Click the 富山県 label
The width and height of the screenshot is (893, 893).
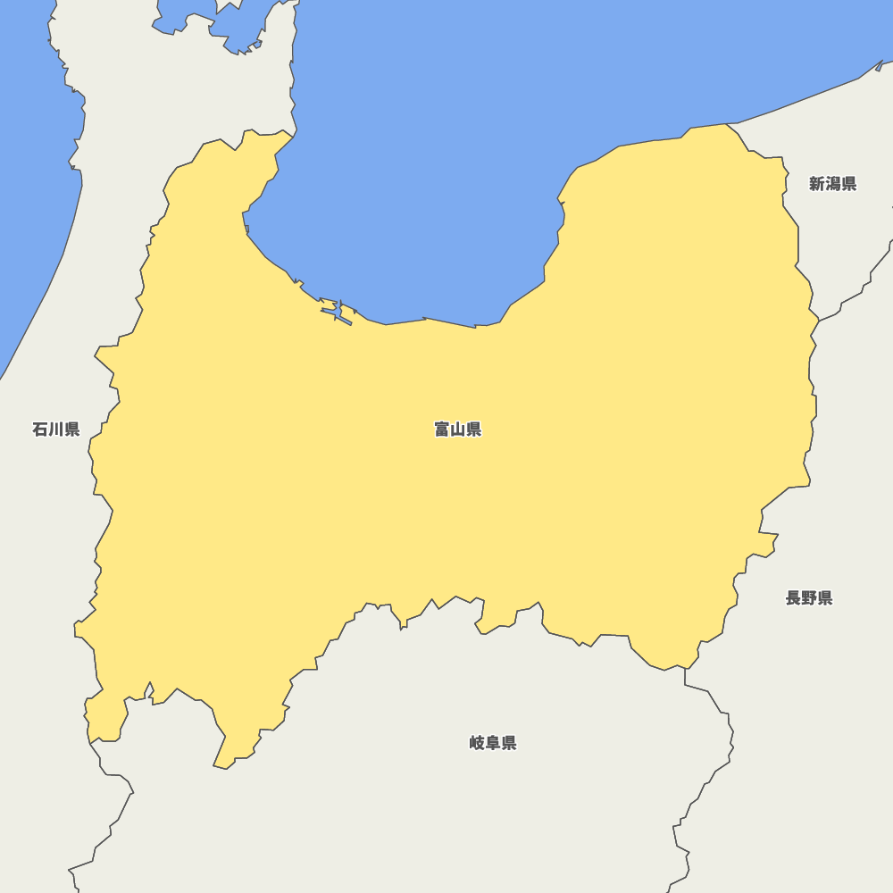click(458, 430)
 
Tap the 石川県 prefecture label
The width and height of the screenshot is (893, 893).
click(56, 430)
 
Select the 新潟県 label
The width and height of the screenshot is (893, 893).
click(832, 184)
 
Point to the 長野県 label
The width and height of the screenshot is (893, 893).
click(809, 598)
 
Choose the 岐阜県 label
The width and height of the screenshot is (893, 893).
click(493, 743)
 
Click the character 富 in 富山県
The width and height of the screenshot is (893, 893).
click(442, 430)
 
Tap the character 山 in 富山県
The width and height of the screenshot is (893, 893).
click(458, 430)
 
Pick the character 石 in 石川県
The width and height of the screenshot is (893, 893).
click(40, 430)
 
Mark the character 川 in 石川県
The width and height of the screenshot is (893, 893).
click(56, 430)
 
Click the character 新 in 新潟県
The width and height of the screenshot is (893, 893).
click(817, 184)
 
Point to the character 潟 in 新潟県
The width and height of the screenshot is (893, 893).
click(833, 184)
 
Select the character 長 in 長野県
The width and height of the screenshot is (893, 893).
click(793, 598)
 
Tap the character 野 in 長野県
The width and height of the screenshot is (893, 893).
click(809, 598)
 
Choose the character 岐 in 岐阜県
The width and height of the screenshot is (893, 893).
click(477, 743)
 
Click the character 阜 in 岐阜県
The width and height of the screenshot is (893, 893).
click(493, 743)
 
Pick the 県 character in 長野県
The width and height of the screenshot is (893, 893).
click(825, 598)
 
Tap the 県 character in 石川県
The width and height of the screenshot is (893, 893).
click(72, 430)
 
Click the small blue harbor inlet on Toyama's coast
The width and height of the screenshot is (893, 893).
click(338, 313)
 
